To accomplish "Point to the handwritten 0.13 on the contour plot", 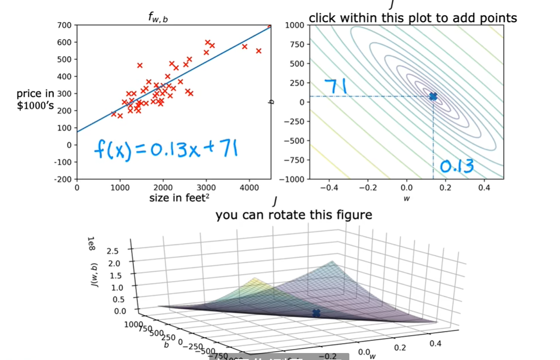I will pyautogui.click(x=456, y=166).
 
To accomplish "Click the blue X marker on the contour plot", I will pyautogui.click(x=433, y=96).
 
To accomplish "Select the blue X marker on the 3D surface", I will pyautogui.click(x=316, y=313).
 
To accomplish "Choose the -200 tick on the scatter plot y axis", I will pyautogui.click(x=64, y=179).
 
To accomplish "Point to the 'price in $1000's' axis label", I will pyautogui.click(x=36, y=99).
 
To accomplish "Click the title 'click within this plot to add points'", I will pyautogui.click(x=413, y=18).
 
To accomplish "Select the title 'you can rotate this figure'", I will pyautogui.click(x=294, y=215).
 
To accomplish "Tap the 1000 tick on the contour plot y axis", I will pyautogui.click(x=294, y=25).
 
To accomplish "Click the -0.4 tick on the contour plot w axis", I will pyautogui.click(x=329, y=188).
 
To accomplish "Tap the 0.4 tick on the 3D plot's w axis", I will pyautogui.click(x=435, y=343).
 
